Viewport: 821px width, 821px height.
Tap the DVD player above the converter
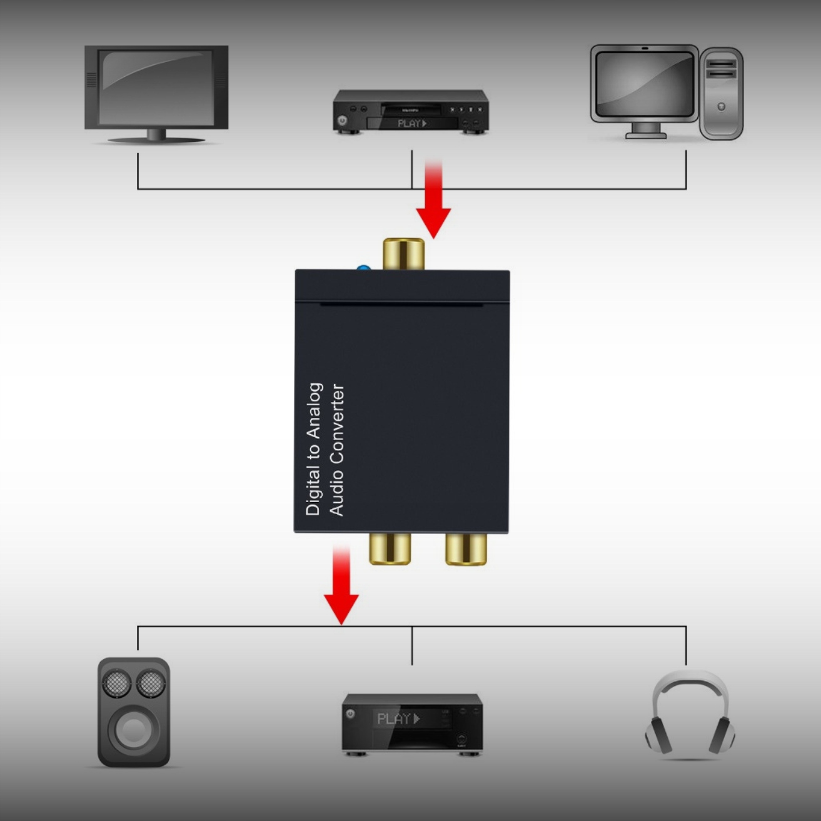[410, 111]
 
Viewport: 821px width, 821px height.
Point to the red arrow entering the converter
[433, 200]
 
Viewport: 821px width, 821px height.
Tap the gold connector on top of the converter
[404, 254]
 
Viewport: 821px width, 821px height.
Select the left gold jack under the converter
[390, 548]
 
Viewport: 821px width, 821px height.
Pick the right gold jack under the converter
[466, 548]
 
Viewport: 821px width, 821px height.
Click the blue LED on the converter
[363, 269]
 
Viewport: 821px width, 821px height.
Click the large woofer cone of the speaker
[133, 728]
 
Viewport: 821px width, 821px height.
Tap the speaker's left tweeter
[116, 683]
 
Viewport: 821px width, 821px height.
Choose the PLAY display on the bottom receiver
[398, 719]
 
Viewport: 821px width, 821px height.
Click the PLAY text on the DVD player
[411, 123]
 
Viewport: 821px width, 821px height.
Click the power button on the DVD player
[342, 121]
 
